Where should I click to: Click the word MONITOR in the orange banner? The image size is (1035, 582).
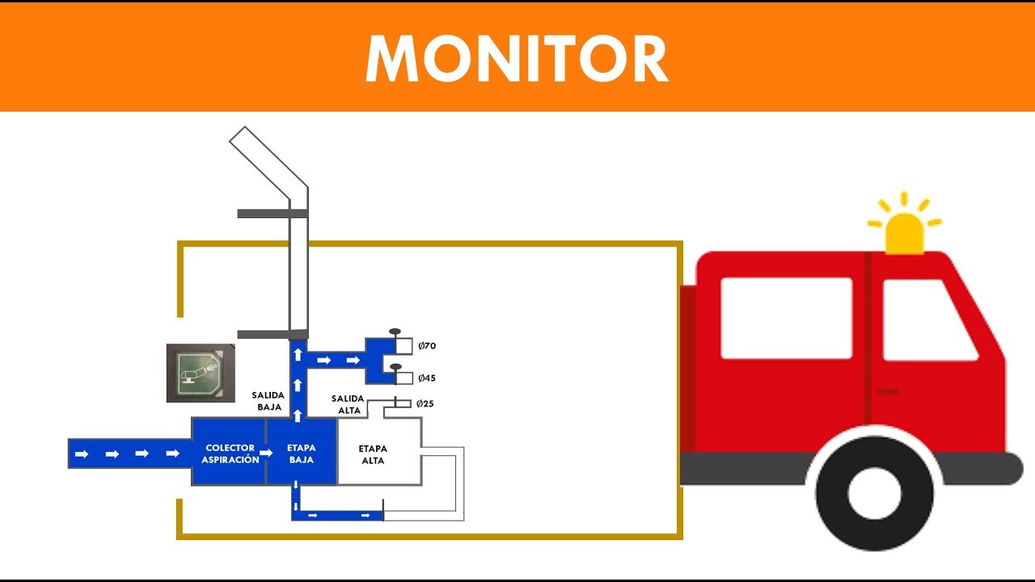[517, 58]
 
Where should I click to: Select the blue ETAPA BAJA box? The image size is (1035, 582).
[301, 453]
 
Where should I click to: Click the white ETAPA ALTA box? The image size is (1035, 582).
[377, 453]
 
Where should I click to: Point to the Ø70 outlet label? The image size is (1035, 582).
[427, 346]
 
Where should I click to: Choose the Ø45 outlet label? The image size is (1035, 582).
[427, 378]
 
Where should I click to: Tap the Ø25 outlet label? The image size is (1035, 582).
[425, 403]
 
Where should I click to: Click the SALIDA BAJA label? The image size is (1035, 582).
[267, 401]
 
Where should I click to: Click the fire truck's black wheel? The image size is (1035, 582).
[875, 492]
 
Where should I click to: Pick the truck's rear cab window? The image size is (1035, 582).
[786, 318]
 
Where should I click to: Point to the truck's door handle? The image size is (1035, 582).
[887, 391]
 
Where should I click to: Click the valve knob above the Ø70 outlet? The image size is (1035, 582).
[395, 331]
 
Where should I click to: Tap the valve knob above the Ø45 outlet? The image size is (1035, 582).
[395, 368]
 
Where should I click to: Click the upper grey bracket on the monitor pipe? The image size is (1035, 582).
[271, 213]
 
